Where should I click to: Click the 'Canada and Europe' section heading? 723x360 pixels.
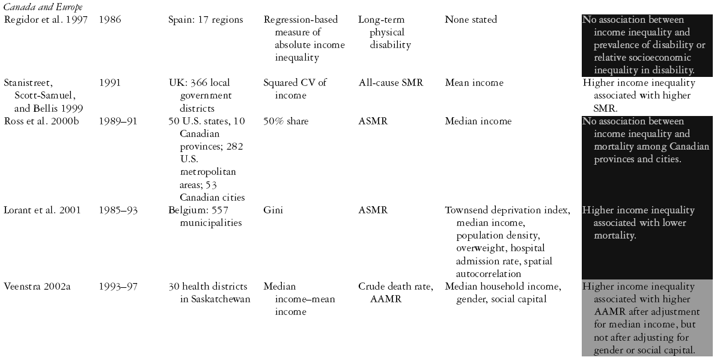pyautogui.click(x=43, y=7)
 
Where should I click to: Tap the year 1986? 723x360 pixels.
pyautogui.click(x=110, y=20)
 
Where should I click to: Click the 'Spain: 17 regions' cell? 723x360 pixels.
pyautogui.click(x=206, y=20)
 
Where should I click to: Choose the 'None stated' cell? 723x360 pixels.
pyautogui.click(x=471, y=20)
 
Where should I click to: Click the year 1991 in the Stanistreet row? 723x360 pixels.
pyautogui.click(x=110, y=83)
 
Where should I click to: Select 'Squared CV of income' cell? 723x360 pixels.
pyautogui.click(x=295, y=89)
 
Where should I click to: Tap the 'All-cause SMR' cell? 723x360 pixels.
pyautogui.click(x=390, y=83)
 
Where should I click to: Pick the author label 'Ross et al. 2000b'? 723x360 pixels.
pyautogui.click(x=40, y=121)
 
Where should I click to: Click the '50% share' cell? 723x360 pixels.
pyautogui.click(x=285, y=121)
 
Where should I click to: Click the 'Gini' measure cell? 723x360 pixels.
pyautogui.click(x=273, y=210)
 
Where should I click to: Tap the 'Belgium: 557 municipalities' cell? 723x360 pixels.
pyautogui.click(x=205, y=216)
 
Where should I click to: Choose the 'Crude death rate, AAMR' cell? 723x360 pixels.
pyautogui.click(x=395, y=293)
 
